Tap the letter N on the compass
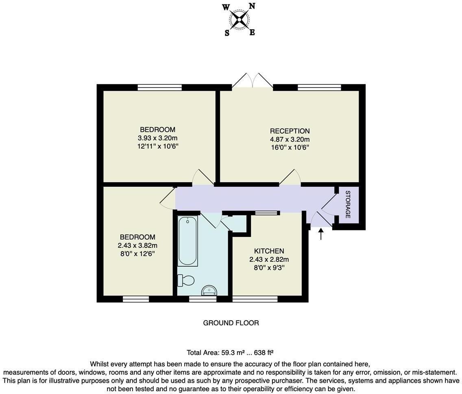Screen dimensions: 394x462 tap(252, 6)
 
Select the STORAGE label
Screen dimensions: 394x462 tap(348, 204)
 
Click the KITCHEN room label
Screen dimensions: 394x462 tap(269, 251)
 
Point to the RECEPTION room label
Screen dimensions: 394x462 tap(290, 131)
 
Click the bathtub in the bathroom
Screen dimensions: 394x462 tap(188, 241)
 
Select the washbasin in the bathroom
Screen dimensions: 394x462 tap(209, 290)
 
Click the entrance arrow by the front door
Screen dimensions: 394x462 tap(321, 234)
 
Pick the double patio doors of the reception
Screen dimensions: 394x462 tap(252, 80)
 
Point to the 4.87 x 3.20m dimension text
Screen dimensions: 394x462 tap(290, 139)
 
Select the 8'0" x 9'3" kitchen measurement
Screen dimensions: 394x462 tap(269, 267)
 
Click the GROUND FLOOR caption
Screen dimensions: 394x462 tap(231, 323)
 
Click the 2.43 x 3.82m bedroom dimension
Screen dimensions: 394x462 tap(137, 245)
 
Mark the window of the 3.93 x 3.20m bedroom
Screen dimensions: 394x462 tap(159, 87)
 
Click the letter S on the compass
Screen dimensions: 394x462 tap(227, 33)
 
